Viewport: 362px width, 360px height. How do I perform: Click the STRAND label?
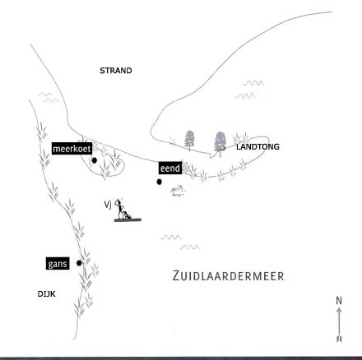(x=116, y=71)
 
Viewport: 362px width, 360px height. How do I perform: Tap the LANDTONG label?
(x=258, y=147)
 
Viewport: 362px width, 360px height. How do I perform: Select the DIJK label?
(x=47, y=294)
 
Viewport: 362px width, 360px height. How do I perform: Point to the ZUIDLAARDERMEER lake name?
(x=229, y=276)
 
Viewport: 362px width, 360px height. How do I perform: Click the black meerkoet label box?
(x=72, y=149)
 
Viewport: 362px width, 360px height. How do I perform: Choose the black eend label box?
(x=170, y=168)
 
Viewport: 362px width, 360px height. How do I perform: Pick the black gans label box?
(x=58, y=264)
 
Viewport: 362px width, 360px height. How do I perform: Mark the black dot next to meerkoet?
(x=95, y=160)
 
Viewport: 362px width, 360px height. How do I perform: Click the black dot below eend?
(x=159, y=182)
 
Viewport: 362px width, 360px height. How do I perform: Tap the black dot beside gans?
(x=79, y=263)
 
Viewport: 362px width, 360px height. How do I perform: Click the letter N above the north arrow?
(x=339, y=301)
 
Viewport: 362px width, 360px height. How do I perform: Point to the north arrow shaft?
(x=339, y=325)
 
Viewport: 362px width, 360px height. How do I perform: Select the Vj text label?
(x=108, y=205)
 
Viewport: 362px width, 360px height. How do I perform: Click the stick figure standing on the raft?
(x=122, y=209)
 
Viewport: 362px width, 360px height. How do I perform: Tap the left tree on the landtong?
(x=189, y=140)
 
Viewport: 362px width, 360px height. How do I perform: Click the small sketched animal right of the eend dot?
(x=178, y=191)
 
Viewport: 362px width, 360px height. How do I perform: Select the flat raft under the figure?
(x=128, y=219)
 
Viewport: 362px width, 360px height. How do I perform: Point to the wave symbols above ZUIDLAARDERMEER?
(x=180, y=242)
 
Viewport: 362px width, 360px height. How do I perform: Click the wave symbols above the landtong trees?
(x=249, y=90)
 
